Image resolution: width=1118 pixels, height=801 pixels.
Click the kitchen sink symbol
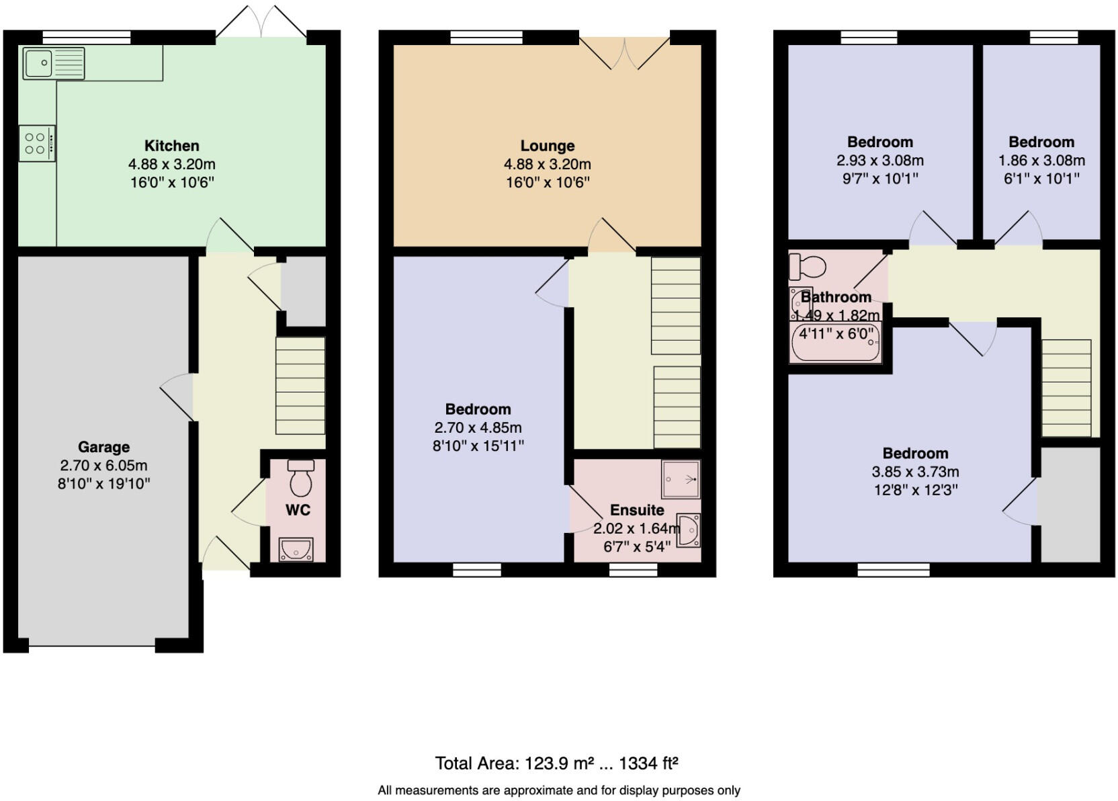[x=53, y=63]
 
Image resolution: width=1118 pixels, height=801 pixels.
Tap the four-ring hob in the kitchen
[x=36, y=143]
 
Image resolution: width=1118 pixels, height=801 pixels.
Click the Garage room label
[x=103, y=447]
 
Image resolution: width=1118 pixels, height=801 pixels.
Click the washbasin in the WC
[x=296, y=549]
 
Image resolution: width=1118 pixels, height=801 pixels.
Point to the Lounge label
[x=547, y=146]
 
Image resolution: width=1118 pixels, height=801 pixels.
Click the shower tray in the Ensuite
[x=681, y=478]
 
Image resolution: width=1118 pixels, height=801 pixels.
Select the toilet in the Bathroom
[x=806, y=267]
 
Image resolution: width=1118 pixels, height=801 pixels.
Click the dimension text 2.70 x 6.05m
[x=103, y=465]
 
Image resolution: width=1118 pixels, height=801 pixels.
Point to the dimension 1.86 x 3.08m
[x=1041, y=160]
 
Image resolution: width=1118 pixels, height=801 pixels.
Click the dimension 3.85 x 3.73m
[x=915, y=472]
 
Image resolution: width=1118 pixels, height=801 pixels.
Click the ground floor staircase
[x=300, y=385]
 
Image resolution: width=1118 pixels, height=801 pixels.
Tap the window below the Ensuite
[x=633, y=570]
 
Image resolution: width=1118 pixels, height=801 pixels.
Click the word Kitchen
[x=171, y=146]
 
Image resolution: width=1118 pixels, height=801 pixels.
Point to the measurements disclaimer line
[x=558, y=790]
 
